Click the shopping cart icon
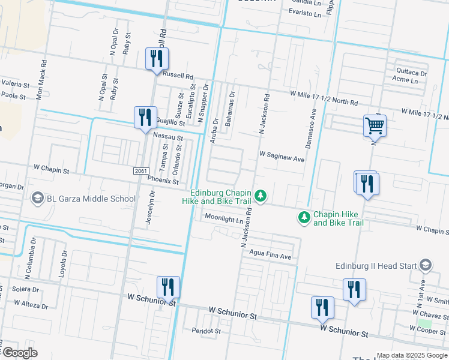pos(375,126)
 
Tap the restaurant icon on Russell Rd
pos(157,59)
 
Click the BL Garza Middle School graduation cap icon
pos(37,199)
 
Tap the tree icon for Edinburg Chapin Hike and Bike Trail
pos(261,196)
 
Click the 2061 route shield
pos(140,172)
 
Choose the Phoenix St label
pos(163,180)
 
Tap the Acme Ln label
pos(405,79)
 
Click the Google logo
pos(20,353)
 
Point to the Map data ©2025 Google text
pos(411,355)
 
